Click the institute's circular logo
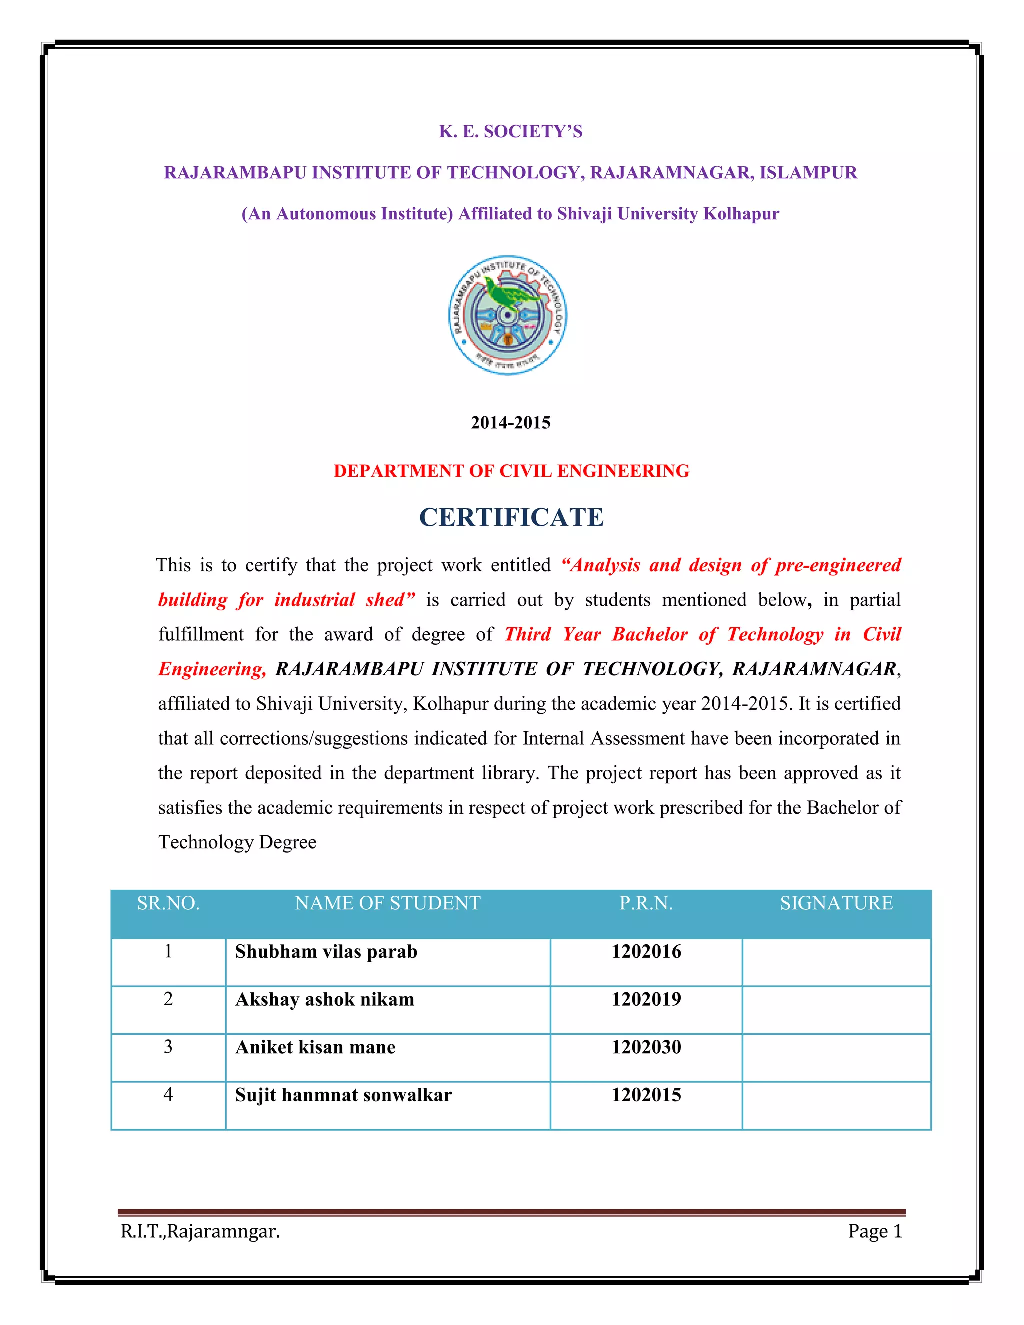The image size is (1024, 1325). click(x=508, y=315)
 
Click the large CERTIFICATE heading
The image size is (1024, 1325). click(x=511, y=517)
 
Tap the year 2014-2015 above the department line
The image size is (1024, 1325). click(x=511, y=423)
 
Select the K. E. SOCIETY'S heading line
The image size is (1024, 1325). click(x=511, y=131)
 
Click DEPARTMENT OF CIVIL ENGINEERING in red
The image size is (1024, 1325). click(x=511, y=471)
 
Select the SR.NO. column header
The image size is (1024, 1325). click(x=168, y=903)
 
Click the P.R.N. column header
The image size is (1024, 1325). click(x=646, y=903)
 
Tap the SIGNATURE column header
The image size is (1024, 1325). click(x=836, y=903)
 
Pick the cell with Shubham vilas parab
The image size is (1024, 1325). click(x=326, y=952)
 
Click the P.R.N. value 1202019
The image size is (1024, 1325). click(x=646, y=999)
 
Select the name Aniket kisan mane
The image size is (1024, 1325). click(x=315, y=1047)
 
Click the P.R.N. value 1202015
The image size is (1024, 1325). click(x=646, y=1095)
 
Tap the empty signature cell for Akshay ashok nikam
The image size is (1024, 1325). click(x=836, y=1009)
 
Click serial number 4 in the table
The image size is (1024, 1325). click(x=168, y=1094)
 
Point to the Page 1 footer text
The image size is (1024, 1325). click(x=875, y=1231)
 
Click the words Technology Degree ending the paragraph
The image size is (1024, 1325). click(x=237, y=842)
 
